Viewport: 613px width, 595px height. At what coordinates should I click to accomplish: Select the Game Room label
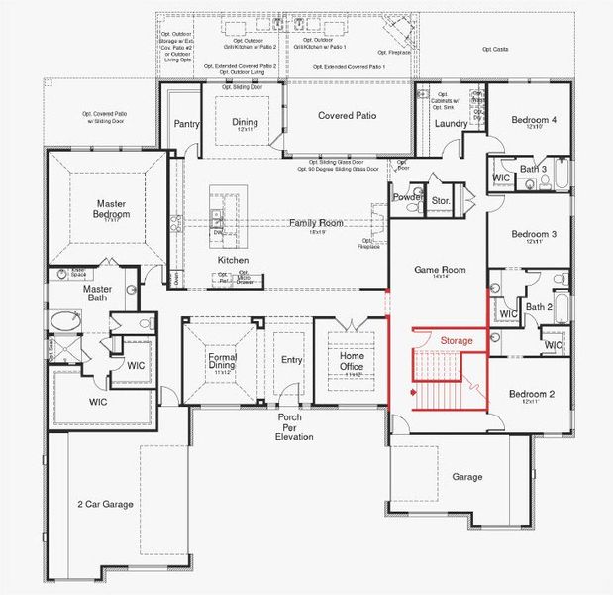(439, 270)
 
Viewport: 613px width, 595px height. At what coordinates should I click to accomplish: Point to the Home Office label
(352, 362)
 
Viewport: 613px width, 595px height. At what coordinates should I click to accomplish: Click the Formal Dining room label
(222, 362)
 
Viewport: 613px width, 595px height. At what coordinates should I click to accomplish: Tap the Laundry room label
(450, 124)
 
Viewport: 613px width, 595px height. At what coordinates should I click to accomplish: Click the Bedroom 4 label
(534, 120)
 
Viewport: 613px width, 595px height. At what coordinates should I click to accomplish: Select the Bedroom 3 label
(534, 235)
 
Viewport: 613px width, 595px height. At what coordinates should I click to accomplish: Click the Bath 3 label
(534, 170)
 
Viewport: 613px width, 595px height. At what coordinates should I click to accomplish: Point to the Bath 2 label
(538, 307)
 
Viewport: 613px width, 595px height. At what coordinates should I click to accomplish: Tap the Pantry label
(186, 124)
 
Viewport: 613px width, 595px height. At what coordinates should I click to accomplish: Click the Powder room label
(407, 196)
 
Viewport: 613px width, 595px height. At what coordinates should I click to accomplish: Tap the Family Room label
(316, 223)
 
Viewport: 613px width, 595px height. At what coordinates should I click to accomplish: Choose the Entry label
(291, 360)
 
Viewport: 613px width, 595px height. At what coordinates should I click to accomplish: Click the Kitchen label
(234, 260)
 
